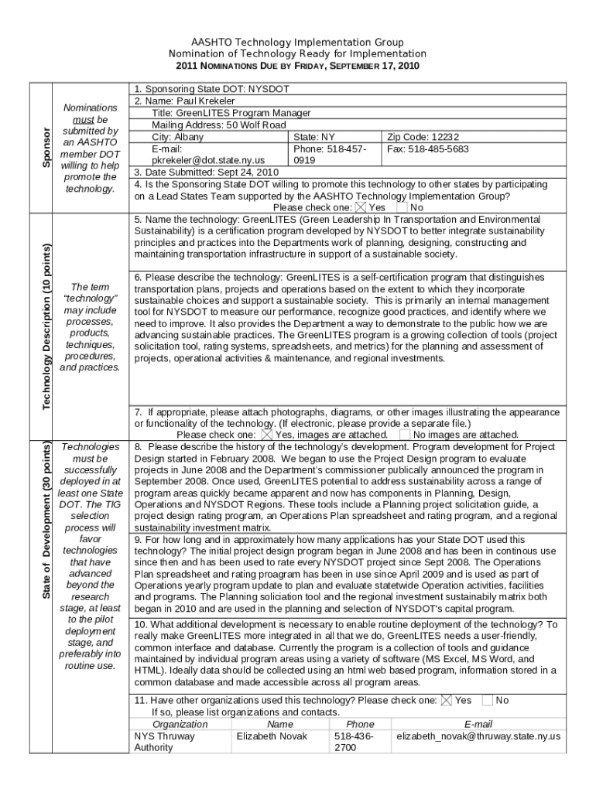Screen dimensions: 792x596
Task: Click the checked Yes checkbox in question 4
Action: [361, 207]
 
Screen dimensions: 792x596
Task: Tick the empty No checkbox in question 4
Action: [402, 207]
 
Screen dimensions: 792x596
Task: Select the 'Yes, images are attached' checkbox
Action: [267, 435]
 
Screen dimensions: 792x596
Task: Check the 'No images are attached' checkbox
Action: [405, 435]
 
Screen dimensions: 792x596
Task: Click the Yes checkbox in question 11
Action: [447, 700]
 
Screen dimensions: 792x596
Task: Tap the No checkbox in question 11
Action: [487, 700]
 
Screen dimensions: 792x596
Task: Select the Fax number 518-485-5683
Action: [427, 148]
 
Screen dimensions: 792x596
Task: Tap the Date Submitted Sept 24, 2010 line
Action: [207, 172]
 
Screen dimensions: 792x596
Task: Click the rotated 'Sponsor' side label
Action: [46, 148]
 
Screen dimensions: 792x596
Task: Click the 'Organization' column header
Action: [180, 724]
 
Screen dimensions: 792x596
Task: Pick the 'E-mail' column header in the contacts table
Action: [478, 724]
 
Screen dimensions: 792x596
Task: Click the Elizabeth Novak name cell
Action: [271, 736]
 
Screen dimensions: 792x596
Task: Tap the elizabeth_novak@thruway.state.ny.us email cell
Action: [478, 736]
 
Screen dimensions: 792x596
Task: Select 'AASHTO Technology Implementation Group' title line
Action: [297, 42]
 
